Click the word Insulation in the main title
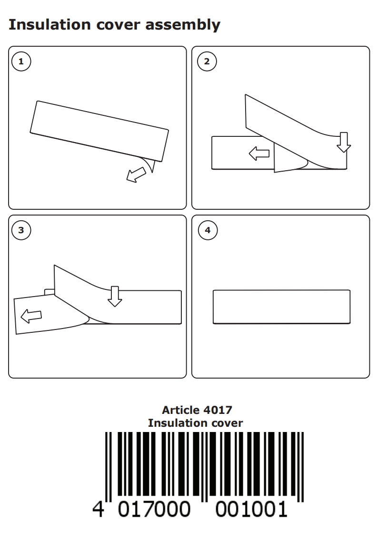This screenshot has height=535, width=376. pyautogui.click(x=49, y=25)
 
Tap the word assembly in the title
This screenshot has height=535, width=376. pyautogui.click(x=183, y=25)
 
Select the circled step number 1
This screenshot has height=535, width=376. pyautogui.click(x=21, y=62)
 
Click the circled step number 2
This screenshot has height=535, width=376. pyautogui.click(x=207, y=62)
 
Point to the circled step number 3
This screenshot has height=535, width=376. pyautogui.click(x=21, y=230)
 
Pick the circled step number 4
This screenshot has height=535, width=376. pyautogui.click(x=208, y=230)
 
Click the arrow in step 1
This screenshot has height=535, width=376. pyautogui.click(x=136, y=175)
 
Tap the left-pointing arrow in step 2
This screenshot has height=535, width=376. pyautogui.click(x=259, y=154)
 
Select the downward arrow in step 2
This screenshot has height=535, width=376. pyautogui.click(x=344, y=142)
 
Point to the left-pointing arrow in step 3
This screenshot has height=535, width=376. pyautogui.click(x=31, y=316)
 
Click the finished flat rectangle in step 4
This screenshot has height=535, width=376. pyautogui.click(x=282, y=307)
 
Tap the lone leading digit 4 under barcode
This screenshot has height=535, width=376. pyautogui.click(x=98, y=509)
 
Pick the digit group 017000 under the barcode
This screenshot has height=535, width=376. pyautogui.click(x=154, y=509)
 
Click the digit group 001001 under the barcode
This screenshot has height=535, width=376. pyautogui.click(x=252, y=509)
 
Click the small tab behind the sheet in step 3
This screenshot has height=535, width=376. pyautogui.click(x=49, y=292)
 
